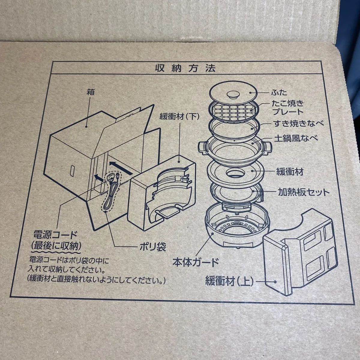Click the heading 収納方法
[185, 68]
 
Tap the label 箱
[90, 92]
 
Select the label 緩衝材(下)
[179, 117]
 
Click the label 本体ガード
[195, 262]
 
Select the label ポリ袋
[153, 247]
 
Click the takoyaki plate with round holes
[235, 111]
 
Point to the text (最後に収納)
[56, 247]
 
